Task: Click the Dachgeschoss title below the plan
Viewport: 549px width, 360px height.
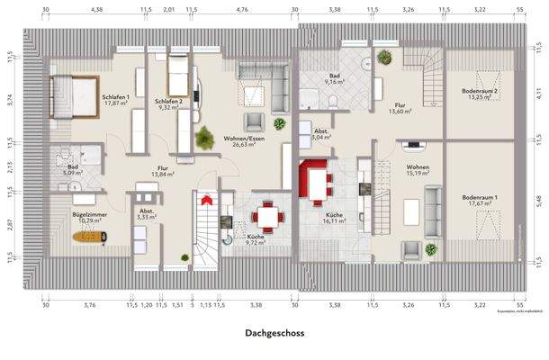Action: coord(274,333)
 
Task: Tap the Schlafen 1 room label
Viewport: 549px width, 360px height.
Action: coord(116,100)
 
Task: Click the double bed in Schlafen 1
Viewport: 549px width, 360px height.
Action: coord(74,96)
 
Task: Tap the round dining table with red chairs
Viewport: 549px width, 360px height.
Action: coord(267,216)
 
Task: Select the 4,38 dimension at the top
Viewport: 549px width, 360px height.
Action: coord(96,10)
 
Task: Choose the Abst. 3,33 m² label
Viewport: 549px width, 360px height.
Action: coord(146,214)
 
